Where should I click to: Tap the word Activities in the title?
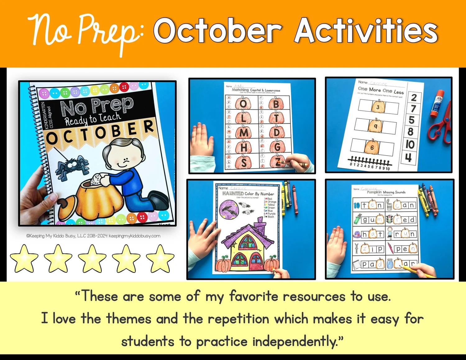pos(366,30)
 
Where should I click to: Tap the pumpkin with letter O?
pos(243,103)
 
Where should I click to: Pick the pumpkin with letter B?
pos(276,103)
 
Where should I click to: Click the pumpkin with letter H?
pos(244,147)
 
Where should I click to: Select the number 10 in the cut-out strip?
pos(410,144)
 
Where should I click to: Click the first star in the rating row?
pos(24,258)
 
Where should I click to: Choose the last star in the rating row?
pos(160,258)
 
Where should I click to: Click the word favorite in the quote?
pos(254,296)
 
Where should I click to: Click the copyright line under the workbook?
pos(93,236)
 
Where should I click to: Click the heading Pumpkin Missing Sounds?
pos(386,192)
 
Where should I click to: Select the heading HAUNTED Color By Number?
pos(248,194)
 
